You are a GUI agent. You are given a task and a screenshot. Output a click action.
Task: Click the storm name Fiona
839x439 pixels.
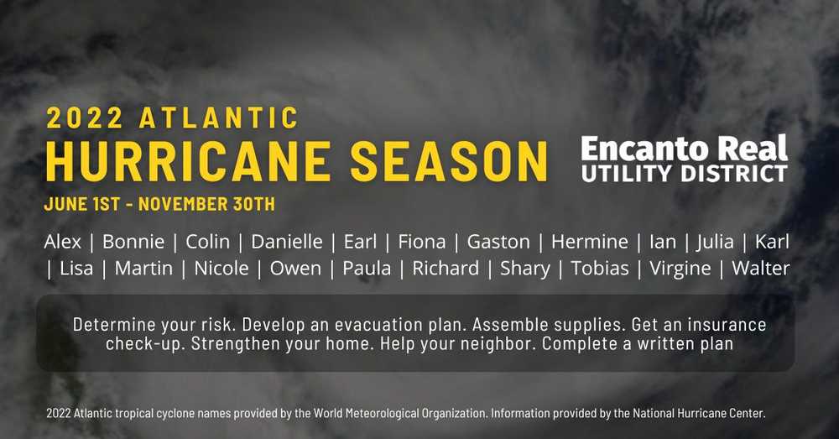[422, 242]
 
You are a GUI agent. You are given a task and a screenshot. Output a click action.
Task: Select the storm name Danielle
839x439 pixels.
[287, 242]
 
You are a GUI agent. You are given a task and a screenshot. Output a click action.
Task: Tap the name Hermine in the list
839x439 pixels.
[590, 242]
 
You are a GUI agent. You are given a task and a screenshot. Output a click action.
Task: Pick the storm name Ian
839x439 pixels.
[663, 242]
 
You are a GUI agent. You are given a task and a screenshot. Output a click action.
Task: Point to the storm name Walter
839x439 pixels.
[760, 268]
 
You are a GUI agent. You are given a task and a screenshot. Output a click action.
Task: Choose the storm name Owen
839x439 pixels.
[295, 268]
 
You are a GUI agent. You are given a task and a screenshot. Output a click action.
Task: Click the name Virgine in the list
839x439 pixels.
[680, 269]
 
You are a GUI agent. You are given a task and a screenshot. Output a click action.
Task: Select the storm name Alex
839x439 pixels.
[63, 242]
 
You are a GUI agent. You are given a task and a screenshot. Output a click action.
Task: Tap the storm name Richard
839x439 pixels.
[446, 268]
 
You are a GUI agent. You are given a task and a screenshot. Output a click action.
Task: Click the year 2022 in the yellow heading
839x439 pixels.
[85, 118]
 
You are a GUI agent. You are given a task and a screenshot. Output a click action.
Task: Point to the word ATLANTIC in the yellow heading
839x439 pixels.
[218, 118]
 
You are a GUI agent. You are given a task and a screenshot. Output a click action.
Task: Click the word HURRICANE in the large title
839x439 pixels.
[188, 161]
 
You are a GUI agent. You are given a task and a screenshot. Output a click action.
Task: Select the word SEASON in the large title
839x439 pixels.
[449, 161]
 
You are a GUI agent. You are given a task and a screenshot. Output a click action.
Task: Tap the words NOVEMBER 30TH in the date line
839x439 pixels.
[206, 204]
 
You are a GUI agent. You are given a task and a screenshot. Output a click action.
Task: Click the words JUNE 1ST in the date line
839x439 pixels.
[82, 204]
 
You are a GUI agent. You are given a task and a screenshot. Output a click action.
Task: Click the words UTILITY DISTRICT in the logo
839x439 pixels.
[684, 173]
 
